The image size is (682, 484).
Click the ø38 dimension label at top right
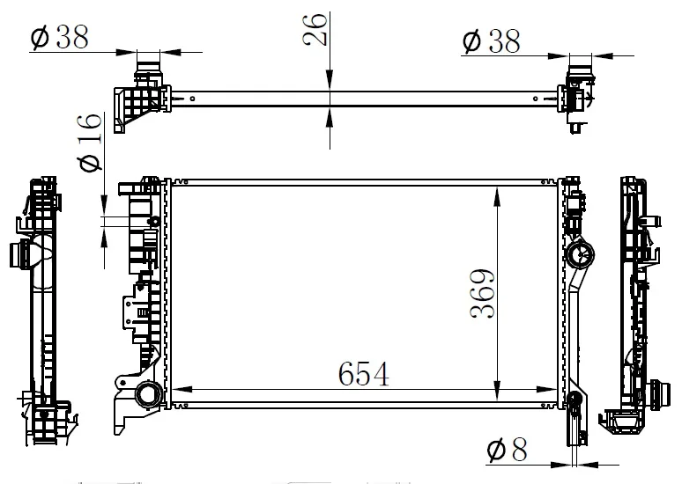click(x=491, y=41)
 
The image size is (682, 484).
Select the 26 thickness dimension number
click(x=315, y=30)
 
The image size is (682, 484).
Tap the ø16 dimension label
click(x=90, y=142)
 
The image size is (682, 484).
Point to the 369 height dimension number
click(x=482, y=294)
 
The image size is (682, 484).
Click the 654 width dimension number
click(x=364, y=374)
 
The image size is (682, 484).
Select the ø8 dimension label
click(x=508, y=450)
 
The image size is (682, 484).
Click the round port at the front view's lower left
click(x=149, y=395)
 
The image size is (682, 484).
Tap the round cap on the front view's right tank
click(x=580, y=253)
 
